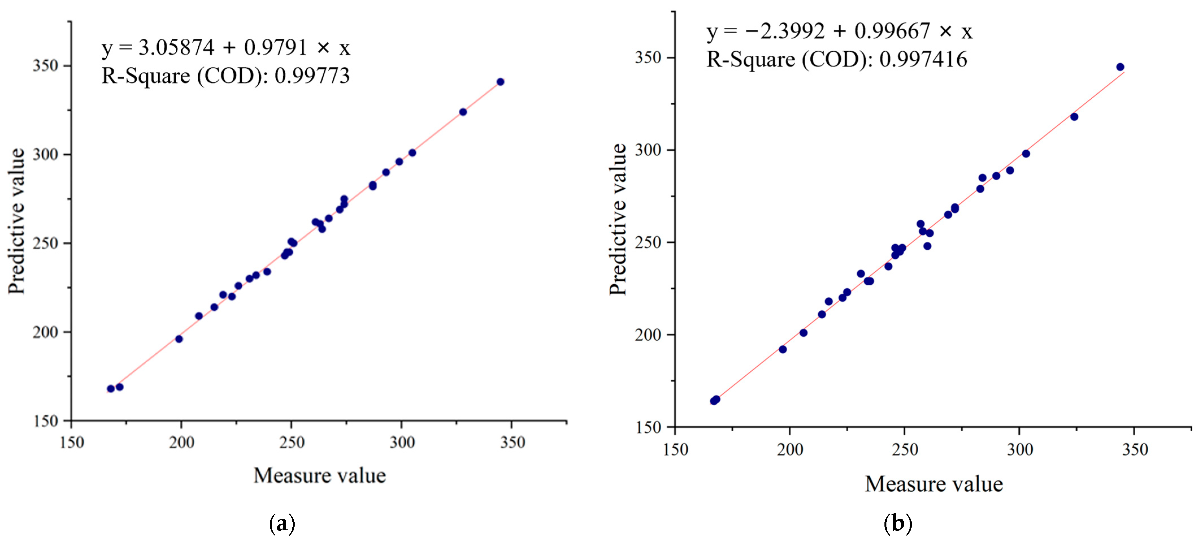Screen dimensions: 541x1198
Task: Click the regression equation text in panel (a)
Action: coord(225,47)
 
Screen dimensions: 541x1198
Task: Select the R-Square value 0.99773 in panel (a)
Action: coord(312,76)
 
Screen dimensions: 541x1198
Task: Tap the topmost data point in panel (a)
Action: coord(500,82)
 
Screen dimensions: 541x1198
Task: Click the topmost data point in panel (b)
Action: coord(1120,67)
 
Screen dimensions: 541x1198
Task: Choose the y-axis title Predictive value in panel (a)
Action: coord(16,221)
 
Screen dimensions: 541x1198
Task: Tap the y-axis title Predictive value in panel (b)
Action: coord(618,220)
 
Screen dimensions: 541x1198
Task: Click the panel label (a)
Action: coord(282,524)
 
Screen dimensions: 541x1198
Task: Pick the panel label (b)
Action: coord(897,524)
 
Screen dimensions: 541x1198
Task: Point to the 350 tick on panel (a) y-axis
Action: coord(45,66)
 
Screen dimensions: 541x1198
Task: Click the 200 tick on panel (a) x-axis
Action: coord(181,442)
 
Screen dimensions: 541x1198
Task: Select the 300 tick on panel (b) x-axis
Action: coord(1019,449)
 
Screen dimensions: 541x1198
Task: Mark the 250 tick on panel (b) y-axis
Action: coord(648,242)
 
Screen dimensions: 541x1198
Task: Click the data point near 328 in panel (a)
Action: coord(463,112)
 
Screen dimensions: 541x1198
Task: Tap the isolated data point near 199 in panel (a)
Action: coord(179,339)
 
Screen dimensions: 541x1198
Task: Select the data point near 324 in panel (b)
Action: coord(1074,117)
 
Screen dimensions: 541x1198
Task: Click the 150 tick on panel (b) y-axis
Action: coord(648,427)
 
